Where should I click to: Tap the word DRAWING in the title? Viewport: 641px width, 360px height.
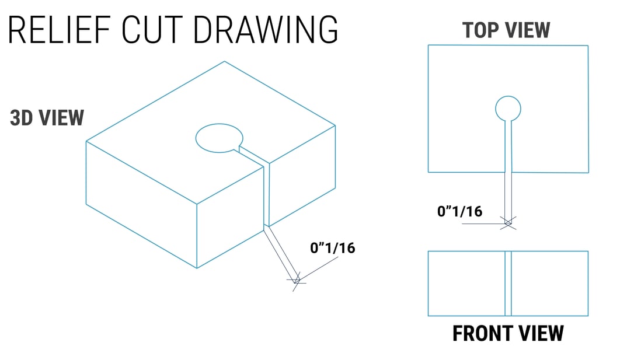coord(266,30)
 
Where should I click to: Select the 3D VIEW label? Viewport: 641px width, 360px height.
coord(47,118)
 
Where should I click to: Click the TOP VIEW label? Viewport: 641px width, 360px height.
coord(506,30)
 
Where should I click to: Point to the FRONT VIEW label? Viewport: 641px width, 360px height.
coord(508,333)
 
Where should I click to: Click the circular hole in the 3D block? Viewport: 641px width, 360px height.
coord(219,138)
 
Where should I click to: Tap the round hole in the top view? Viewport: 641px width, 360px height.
coord(508,109)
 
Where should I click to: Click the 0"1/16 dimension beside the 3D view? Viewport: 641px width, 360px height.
coord(333,248)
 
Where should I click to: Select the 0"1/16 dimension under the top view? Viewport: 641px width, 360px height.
coord(460,211)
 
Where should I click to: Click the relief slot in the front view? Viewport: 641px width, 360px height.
coord(508,284)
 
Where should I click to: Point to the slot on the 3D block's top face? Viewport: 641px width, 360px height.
coord(252,156)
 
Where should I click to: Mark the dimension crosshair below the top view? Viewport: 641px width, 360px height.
coord(508,223)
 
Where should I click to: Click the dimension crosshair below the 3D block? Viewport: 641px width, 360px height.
coord(297,281)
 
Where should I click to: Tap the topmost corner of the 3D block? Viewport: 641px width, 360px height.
coord(224,62)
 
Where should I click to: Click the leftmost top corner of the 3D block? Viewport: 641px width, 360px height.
coord(86,141)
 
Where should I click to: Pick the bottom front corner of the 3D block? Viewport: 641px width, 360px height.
coord(197,268)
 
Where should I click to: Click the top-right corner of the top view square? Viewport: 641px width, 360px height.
coord(588,46)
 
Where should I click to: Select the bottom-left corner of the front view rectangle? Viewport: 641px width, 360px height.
coord(429,316)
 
